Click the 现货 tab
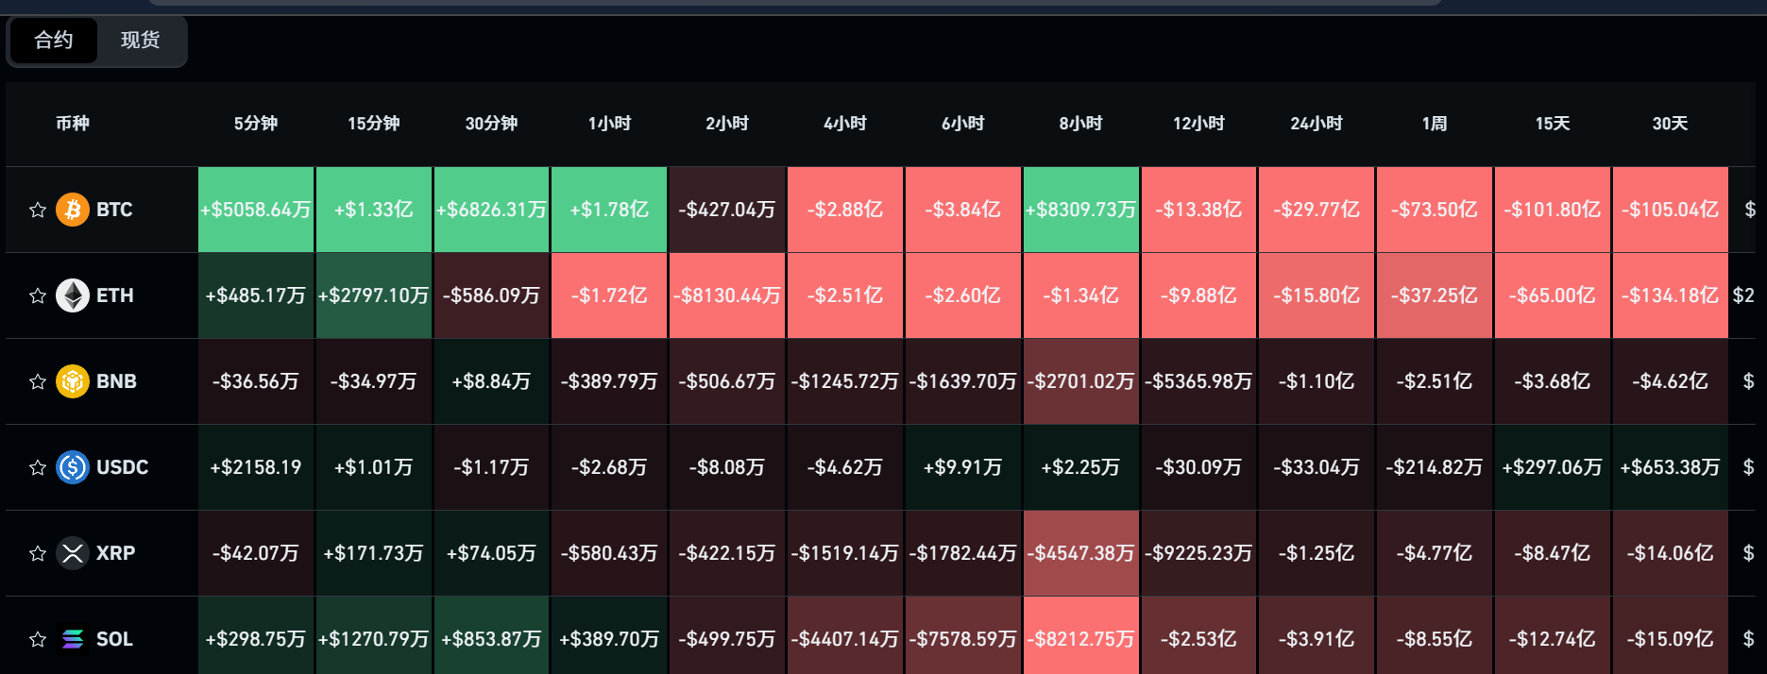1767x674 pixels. tap(141, 41)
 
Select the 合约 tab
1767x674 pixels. tap(54, 41)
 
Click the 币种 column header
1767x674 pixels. tap(73, 124)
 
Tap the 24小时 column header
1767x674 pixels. tap(1317, 124)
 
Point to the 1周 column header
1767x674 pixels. tap(1435, 124)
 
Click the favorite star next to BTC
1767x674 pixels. tap(38, 210)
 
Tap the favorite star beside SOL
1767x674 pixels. tap(38, 639)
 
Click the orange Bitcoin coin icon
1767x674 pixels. tap(73, 210)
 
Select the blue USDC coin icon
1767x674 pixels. tap(73, 467)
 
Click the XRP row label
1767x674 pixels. tap(115, 553)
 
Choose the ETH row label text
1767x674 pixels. tap(115, 295)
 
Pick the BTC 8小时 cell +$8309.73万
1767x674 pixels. tap(1081, 210)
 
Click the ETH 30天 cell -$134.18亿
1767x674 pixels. tap(1671, 295)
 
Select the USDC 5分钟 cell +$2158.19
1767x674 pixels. tap(256, 467)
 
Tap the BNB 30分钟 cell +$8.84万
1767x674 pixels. tap(491, 381)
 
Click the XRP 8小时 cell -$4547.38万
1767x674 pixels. tap(1081, 553)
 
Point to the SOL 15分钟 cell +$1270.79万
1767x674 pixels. tap(374, 639)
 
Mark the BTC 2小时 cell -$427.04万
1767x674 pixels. tap(727, 210)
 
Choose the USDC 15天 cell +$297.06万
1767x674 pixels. tap(1553, 467)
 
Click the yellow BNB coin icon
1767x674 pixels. tap(73, 381)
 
